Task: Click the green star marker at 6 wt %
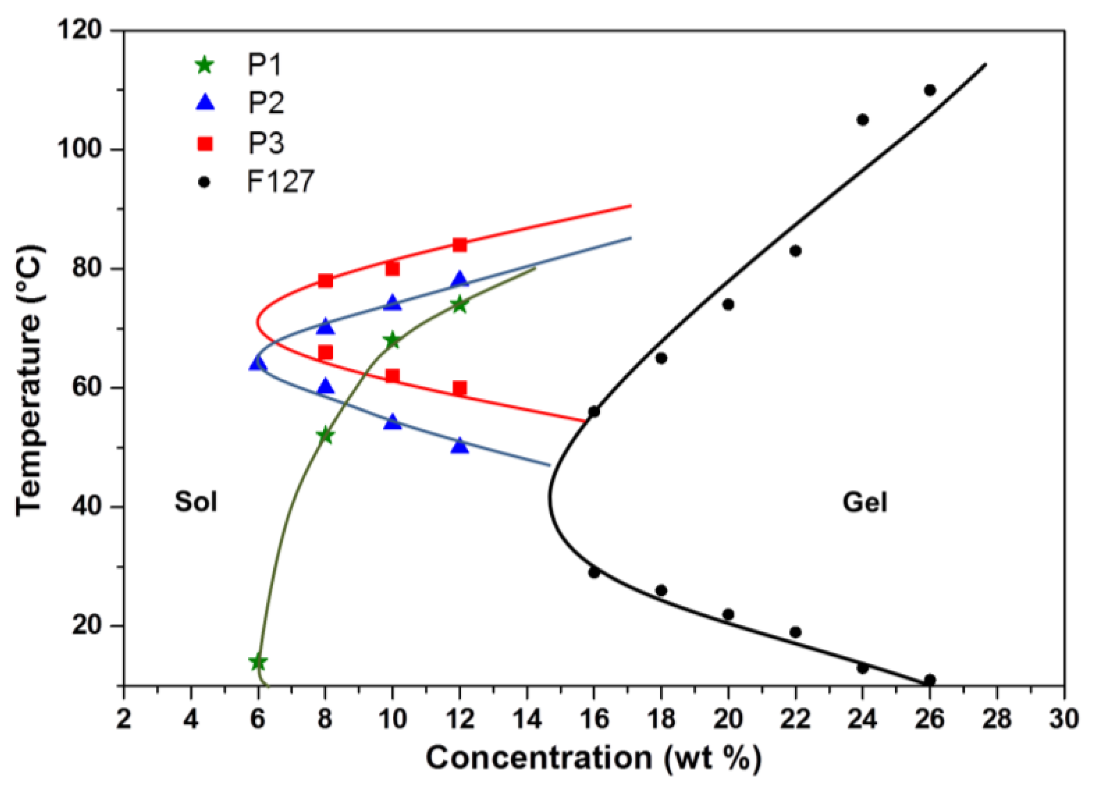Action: [x=258, y=662]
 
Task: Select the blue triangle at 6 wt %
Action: [x=258, y=364]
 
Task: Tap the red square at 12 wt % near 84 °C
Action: [x=460, y=245]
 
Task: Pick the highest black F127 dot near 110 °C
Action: [x=930, y=90]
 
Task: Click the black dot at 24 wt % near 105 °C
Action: [x=863, y=119]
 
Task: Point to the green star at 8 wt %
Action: [x=326, y=435]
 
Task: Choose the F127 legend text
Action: [x=281, y=182]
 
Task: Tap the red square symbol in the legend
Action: [x=205, y=144]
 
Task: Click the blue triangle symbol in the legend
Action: [x=205, y=103]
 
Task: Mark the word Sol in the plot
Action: [x=195, y=502]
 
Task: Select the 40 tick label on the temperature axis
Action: [x=87, y=507]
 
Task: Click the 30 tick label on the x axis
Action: [x=1064, y=719]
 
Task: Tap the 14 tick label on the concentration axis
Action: [x=527, y=719]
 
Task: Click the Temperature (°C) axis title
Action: [x=30, y=381]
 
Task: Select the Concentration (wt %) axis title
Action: [x=594, y=759]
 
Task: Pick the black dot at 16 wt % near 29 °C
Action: [x=594, y=572]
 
